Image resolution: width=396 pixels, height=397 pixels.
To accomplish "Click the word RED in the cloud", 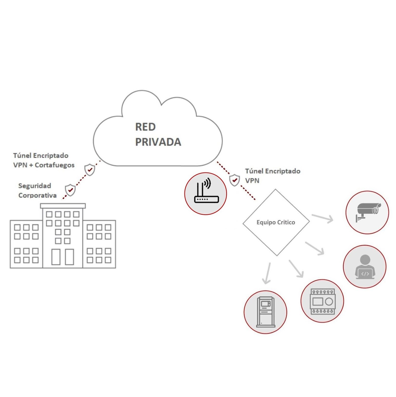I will [145, 127].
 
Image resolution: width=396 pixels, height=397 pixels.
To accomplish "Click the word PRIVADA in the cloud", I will [158, 142].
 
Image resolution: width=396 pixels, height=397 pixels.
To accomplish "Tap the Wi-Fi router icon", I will [206, 193].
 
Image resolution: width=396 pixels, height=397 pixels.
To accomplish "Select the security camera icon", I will [367, 212].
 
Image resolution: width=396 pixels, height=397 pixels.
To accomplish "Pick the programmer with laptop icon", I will [365, 267].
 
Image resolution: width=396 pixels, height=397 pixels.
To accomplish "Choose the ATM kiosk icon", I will [266, 312].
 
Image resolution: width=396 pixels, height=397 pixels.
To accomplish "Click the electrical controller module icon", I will [322, 301].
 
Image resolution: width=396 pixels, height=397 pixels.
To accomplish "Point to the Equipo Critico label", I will [276, 222].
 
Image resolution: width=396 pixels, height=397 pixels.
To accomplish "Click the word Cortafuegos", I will [55, 165].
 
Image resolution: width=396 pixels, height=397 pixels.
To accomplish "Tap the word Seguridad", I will [35, 186].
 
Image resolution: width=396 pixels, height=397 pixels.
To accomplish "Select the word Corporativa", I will [37, 195].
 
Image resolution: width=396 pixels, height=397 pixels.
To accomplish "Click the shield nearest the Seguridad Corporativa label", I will [70, 190].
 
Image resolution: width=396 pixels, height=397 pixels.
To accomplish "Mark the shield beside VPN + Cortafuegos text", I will [90, 170].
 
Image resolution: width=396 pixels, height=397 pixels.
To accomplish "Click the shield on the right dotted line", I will [234, 180].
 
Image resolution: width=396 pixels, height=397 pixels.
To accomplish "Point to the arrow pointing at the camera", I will [322, 218].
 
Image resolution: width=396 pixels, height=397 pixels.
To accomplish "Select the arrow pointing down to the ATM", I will [267, 273].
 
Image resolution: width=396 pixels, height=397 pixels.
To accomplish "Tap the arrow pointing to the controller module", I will [296, 269].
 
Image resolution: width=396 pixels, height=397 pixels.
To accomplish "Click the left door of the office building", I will [56, 257].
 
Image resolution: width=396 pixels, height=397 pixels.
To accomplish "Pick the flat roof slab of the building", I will [63, 206].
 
